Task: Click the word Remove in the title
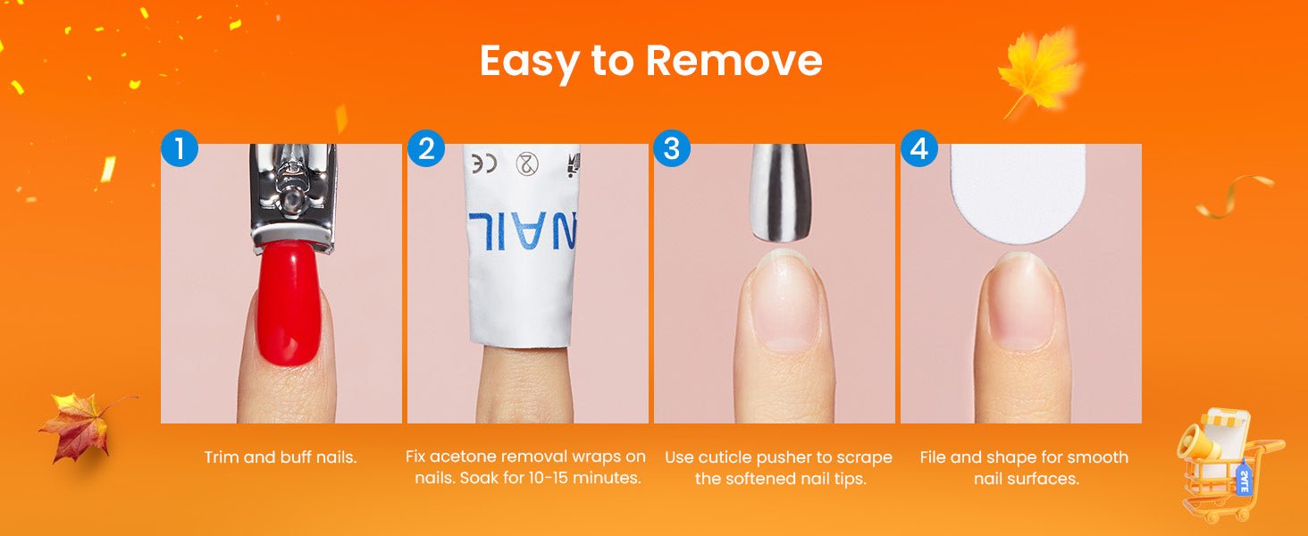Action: (x=734, y=61)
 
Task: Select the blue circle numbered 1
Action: (x=180, y=148)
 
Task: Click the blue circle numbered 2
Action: (x=426, y=148)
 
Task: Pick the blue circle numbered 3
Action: (x=672, y=148)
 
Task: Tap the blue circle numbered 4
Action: (x=919, y=148)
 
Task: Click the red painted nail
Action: (x=289, y=304)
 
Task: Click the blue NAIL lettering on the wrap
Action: (x=522, y=230)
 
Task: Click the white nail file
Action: (x=1019, y=194)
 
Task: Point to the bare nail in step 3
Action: (x=784, y=301)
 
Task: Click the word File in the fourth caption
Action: (x=933, y=457)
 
